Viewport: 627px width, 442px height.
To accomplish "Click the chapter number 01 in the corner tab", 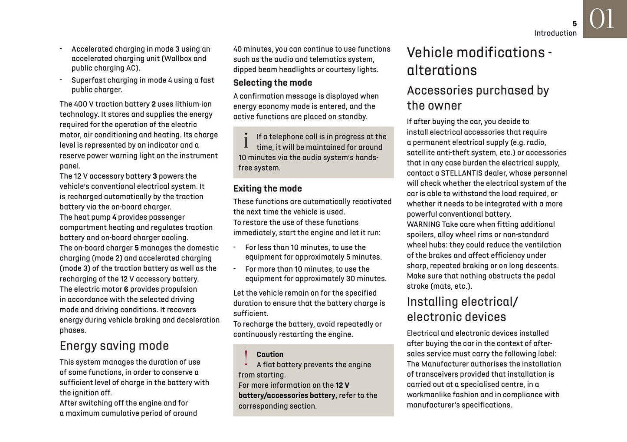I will tap(602, 20).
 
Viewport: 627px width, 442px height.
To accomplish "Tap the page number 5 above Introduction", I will tap(574, 24).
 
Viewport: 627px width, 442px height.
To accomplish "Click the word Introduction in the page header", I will tap(555, 33).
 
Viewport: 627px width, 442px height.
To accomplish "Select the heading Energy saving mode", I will tap(114, 346).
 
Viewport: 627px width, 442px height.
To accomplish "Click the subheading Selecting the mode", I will tap(272, 83).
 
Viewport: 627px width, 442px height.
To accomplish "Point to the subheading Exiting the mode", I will tap(267, 188).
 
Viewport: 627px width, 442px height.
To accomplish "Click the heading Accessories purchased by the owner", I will tap(478, 98).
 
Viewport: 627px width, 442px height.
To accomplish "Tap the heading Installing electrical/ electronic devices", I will tap(462, 309).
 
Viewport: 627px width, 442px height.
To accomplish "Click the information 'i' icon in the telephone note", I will tap(246, 141).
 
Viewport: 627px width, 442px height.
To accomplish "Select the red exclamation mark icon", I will tap(246, 359).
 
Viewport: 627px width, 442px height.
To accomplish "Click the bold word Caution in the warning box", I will tap(270, 354).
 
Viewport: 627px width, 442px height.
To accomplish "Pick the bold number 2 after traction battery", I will tap(154, 104).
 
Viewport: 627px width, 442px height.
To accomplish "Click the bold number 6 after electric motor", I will tap(126, 289).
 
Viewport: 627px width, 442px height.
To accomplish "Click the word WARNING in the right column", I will tap(423, 224).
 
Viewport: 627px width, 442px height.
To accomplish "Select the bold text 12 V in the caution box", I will tap(342, 385).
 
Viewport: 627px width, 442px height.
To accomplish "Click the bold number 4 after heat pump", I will tap(114, 217).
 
